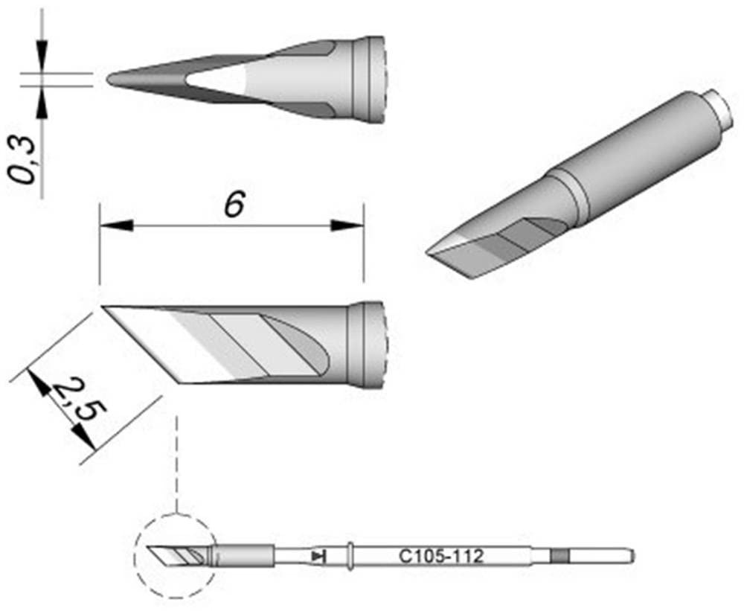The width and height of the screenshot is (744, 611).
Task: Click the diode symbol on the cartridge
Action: coord(320,555)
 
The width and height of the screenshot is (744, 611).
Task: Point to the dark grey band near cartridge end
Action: coord(559,555)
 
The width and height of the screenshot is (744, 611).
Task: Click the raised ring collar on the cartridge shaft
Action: coord(350,554)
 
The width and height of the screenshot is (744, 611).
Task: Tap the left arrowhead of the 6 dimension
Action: coord(115,225)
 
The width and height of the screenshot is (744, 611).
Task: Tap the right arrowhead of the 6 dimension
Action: coord(347,225)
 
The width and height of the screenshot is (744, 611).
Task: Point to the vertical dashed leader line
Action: coord(176,461)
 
